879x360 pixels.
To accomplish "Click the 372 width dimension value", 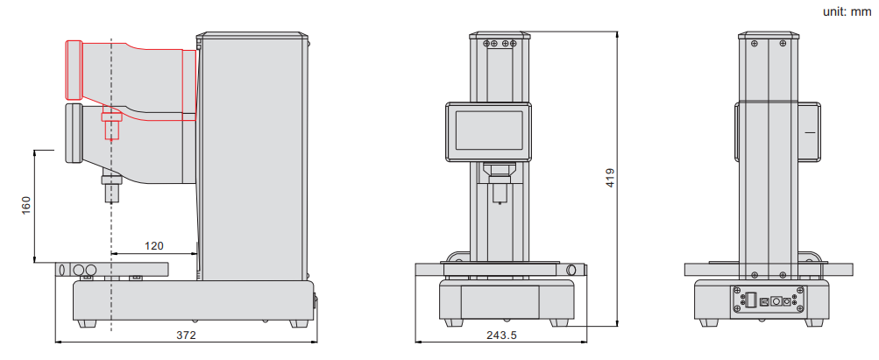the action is click(x=186, y=335).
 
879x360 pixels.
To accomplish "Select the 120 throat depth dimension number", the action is click(x=154, y=246).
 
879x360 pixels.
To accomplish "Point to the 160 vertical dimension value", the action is click(x=25, y=205).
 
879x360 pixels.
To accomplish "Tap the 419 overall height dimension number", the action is click(x=611, y=178).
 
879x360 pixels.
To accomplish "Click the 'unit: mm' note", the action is click(x=847, y=11).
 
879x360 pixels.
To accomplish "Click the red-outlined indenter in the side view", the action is click(x=111, y=125).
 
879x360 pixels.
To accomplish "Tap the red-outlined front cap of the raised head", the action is click(x=74, y=70).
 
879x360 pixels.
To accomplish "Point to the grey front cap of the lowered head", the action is click(x=74, y=134).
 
